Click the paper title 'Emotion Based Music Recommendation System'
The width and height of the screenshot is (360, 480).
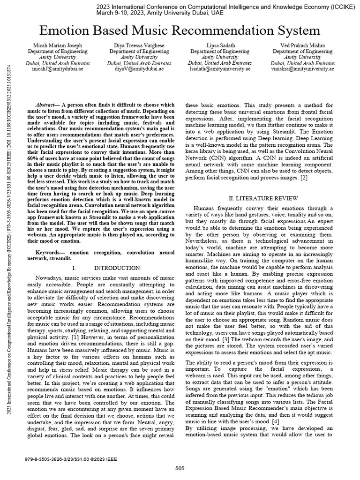(x=180, y=31)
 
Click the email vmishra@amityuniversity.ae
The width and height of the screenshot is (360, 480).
(x=302, y=69)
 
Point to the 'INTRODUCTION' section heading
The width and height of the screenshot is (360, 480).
(x=117, y=268)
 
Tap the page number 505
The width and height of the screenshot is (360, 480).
(x=180, y=468)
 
